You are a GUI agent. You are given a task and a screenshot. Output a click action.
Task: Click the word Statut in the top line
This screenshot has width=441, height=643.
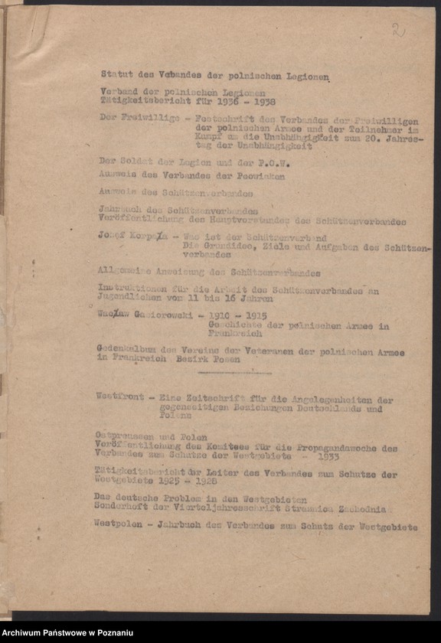click(116, 74)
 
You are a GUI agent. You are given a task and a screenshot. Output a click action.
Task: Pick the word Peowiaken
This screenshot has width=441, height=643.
click(259, 176)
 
